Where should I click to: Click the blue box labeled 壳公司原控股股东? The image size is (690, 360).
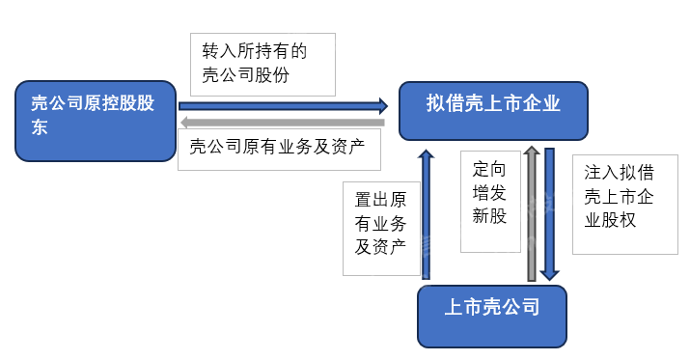point(97,120)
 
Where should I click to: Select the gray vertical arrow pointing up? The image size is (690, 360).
point(531,212)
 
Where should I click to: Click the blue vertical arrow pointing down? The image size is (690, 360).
point(549,212)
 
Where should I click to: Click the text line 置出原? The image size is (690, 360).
point(380,200)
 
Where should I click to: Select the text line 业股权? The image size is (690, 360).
point(610,219)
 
